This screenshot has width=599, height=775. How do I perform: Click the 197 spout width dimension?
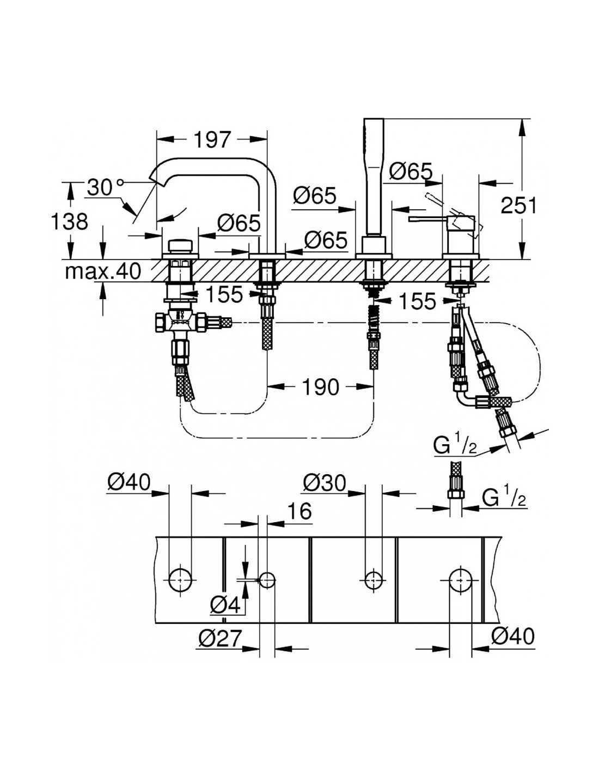212,140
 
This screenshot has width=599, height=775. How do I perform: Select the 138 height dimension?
70,221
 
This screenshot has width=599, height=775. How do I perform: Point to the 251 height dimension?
518,206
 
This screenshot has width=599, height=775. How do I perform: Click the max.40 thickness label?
102,272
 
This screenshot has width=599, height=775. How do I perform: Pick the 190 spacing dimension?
320,387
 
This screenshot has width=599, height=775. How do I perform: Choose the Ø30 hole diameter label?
325,484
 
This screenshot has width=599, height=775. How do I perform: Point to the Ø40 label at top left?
129,483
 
